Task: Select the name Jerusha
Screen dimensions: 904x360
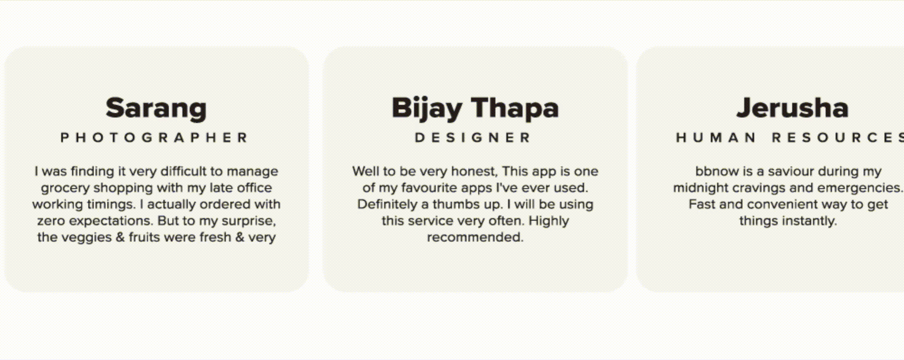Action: [792, 108]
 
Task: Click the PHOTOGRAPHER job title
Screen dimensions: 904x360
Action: [154, 138]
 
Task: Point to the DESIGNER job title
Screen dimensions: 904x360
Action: [473, 138]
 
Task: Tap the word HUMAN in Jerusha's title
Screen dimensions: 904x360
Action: [716, 138]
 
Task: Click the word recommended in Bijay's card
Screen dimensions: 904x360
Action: [475, 238]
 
